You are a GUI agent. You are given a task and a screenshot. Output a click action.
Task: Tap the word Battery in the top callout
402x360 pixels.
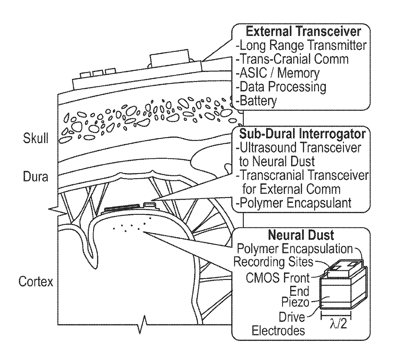pos(258,101)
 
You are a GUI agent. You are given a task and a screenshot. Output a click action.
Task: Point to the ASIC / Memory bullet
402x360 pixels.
pos(278,73)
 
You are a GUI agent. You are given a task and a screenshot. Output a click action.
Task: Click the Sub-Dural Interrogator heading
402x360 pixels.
pos(302,134)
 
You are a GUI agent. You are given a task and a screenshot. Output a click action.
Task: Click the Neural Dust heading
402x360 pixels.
pos(301,235)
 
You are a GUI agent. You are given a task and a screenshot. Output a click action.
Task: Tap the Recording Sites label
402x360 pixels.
pos(273,262)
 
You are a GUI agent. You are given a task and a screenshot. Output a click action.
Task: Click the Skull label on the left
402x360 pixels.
pos(36,139)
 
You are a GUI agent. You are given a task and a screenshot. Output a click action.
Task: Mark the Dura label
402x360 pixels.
pos(36,177)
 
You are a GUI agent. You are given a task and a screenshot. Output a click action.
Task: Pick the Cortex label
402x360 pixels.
pos(36,281)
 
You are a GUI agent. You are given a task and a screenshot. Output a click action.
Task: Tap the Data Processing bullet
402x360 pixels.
pos(281,87)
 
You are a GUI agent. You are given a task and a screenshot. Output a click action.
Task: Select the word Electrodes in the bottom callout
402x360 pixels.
pos(278,331)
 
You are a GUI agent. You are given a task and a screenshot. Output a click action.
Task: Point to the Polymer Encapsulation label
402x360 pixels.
pos(295,249)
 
